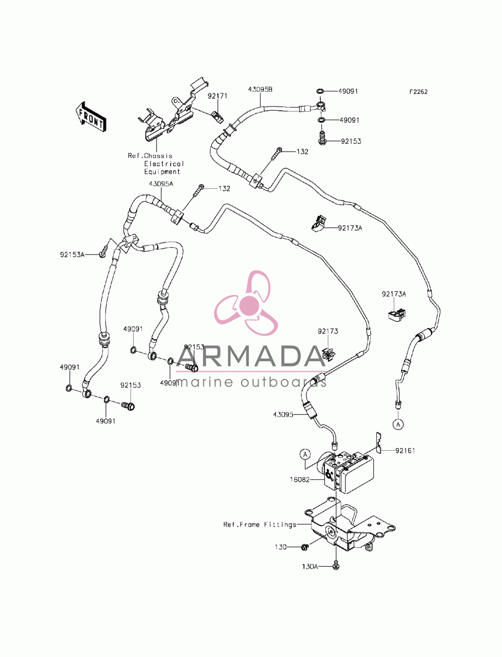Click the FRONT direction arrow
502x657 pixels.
[90, 117]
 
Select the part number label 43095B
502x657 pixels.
[260, 89]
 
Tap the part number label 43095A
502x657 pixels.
[161, 184]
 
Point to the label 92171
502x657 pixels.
[218, 96]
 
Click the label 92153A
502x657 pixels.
[72, 254]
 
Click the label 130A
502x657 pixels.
[310, 566]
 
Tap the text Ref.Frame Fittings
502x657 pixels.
[260, 524]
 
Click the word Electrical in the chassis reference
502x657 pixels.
[164, 164]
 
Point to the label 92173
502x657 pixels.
[328, 331]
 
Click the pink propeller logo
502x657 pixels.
[246, 303]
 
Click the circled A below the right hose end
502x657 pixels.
[398, 424]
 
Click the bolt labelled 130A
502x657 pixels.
[336, 565]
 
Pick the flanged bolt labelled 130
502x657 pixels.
[305, 547]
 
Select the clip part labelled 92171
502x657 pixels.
[217, 117]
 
